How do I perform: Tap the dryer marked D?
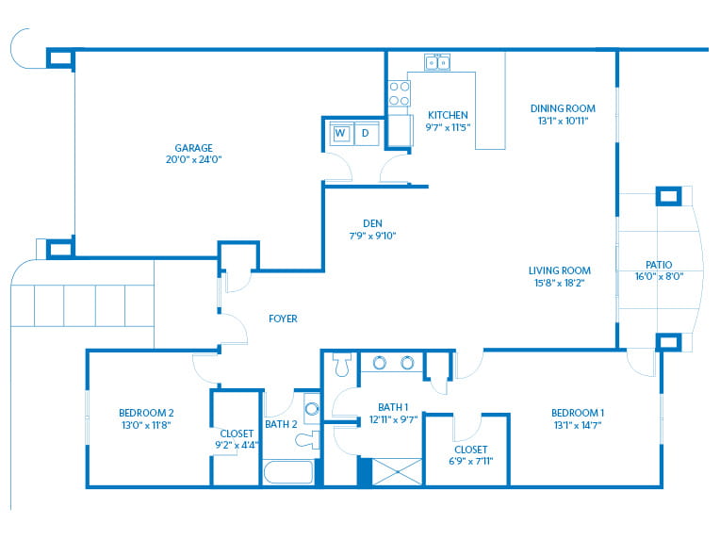[x=366, y=133]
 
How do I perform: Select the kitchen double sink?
[x=437, y=61]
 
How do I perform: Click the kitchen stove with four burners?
[x=399, y=93]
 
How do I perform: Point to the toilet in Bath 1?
[x=342, y=365]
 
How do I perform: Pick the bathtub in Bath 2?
[x=288, y=471]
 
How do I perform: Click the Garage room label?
[x=194, y=148]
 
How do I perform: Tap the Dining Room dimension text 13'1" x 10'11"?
[x=563, y=121]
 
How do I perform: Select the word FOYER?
[x=283, y=319]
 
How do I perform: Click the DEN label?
[x=372, y=223]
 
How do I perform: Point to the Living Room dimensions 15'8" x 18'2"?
[x=559, y=283]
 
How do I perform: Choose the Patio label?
[x=659, y=265]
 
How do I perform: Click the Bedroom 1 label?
[x=578, y=413]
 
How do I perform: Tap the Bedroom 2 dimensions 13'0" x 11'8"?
[x=146, y=425]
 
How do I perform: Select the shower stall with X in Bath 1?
[x=397, y=471]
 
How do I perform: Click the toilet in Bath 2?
[x=308, y=440]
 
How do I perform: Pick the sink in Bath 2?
[x=312, y=409]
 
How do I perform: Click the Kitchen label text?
[x=448, y=115]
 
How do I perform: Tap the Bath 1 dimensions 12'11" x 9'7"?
[x=394, y=419]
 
